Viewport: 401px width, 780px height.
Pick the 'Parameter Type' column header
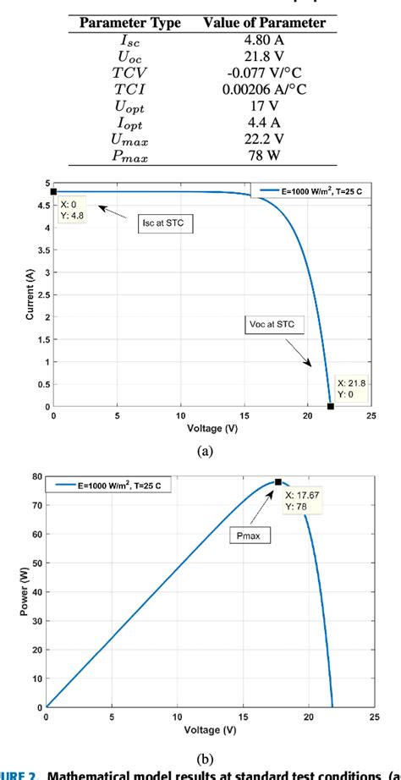point(130,21)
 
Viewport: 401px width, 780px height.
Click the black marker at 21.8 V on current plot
point(331,406)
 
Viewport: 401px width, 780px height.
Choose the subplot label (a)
point(205,452)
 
